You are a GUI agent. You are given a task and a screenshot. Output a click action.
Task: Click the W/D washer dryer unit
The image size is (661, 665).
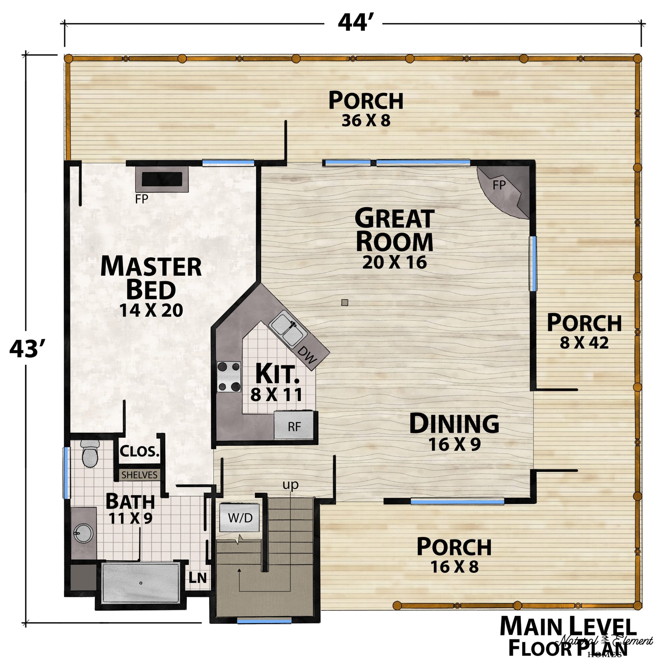(x=240, y=518)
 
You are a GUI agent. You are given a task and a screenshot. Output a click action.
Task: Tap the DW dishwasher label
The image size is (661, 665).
(x=306, y=355)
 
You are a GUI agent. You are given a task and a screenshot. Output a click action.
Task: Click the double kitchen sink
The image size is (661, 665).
(x=288, y=329)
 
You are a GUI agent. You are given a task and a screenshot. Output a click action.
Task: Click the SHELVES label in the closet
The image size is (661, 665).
(x=139, y=475)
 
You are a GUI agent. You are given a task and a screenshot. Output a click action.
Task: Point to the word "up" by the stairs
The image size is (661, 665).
(x=290, y=485)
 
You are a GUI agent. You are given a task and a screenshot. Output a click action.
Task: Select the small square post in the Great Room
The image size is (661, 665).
(x=345, y=303)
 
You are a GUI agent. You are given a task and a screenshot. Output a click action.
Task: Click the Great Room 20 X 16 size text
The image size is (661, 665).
(x=394, y=262)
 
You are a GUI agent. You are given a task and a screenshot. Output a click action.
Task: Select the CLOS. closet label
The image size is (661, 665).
(x=140, y=451)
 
